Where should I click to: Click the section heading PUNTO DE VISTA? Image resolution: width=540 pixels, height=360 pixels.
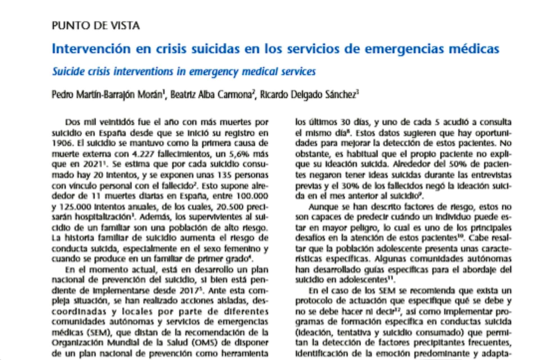click(96, 26)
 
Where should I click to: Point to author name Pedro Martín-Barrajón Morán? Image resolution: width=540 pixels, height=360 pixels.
click(107, 95)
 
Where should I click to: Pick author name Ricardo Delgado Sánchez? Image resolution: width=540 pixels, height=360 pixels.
click(308, 95)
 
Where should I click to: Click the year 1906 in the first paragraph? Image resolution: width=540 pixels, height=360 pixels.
click(61, 143)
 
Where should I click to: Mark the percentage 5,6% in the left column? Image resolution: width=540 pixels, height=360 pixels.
click(238, 154)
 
